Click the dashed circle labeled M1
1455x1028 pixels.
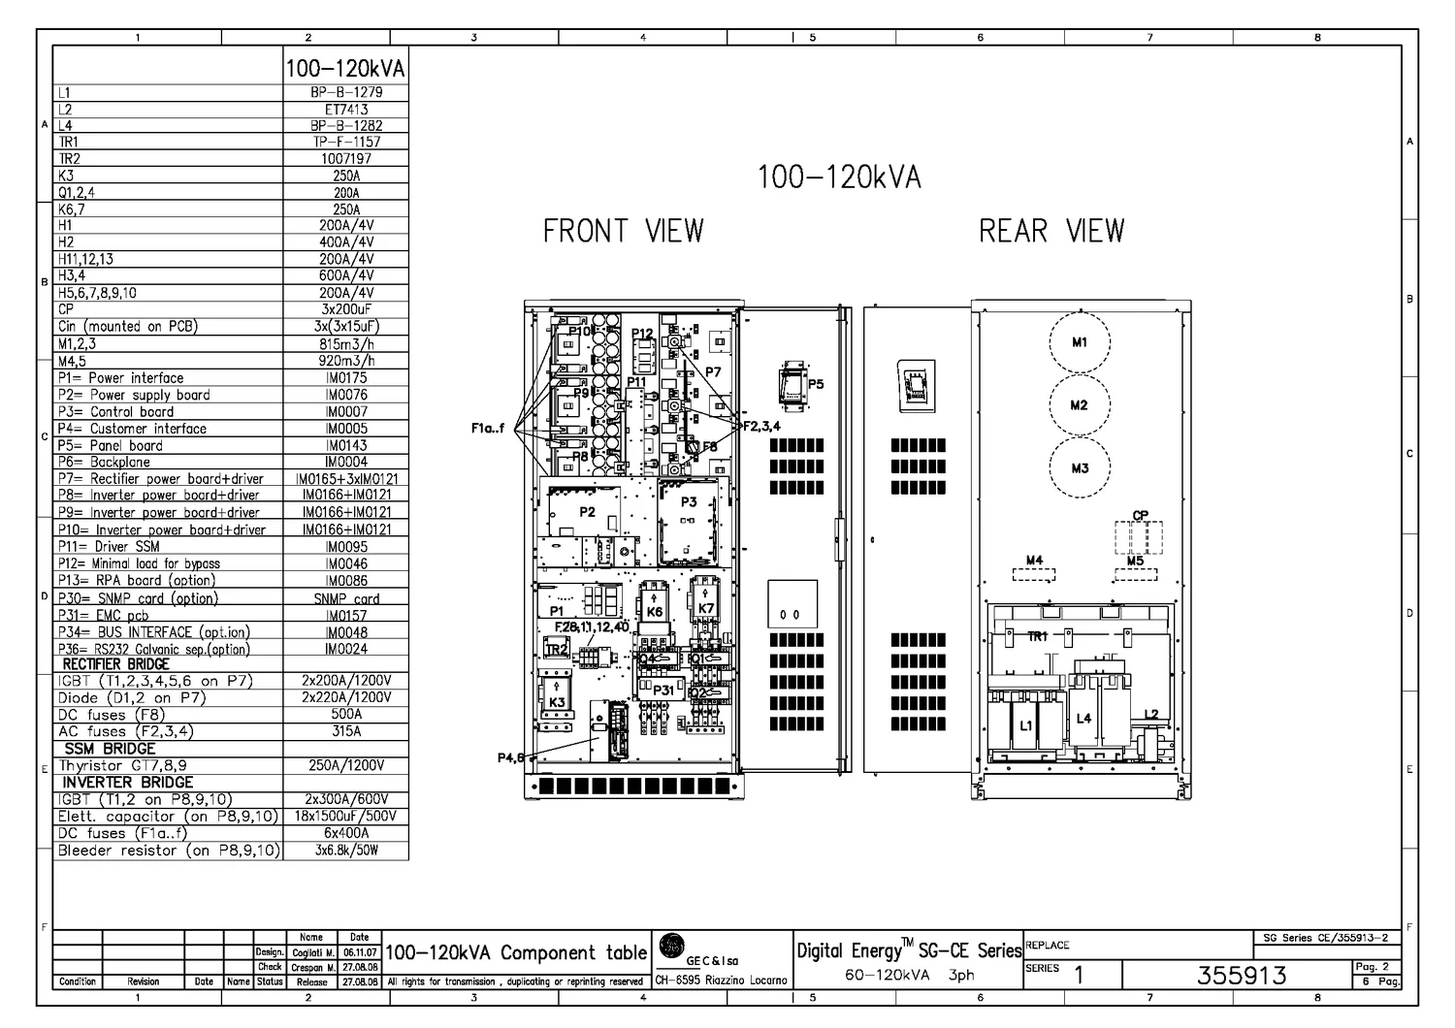point(1080,342)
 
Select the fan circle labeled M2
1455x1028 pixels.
point(1080,405)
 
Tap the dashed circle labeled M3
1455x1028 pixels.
point(1080,467)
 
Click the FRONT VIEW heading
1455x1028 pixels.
point(623,231)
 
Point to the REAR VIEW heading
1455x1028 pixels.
point(1051,231)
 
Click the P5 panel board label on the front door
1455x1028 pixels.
point(815,384)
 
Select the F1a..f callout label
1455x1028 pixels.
point(488,428)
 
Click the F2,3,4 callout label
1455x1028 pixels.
point(761,425)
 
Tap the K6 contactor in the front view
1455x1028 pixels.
point(655,611)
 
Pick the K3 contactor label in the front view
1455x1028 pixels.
point(557,701)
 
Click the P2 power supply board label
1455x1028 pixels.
point(587,512)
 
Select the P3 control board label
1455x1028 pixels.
point(689,501)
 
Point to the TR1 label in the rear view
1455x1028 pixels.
point(1038,636)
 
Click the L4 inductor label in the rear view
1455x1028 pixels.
point(1083,718)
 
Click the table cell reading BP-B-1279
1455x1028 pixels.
point(346,92)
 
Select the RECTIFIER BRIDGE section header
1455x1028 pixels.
point(115,664)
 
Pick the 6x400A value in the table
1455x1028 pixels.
point(346,833)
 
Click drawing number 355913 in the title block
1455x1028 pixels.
point(1242,975)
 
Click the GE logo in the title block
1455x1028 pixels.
point(670,946)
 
